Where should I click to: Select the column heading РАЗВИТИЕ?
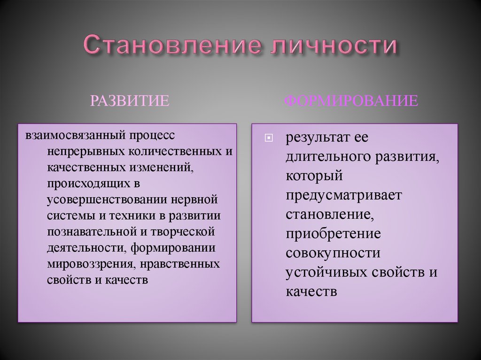click(129, 101)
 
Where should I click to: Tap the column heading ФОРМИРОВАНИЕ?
click(351, 101)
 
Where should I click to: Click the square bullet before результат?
click(269, 138)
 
